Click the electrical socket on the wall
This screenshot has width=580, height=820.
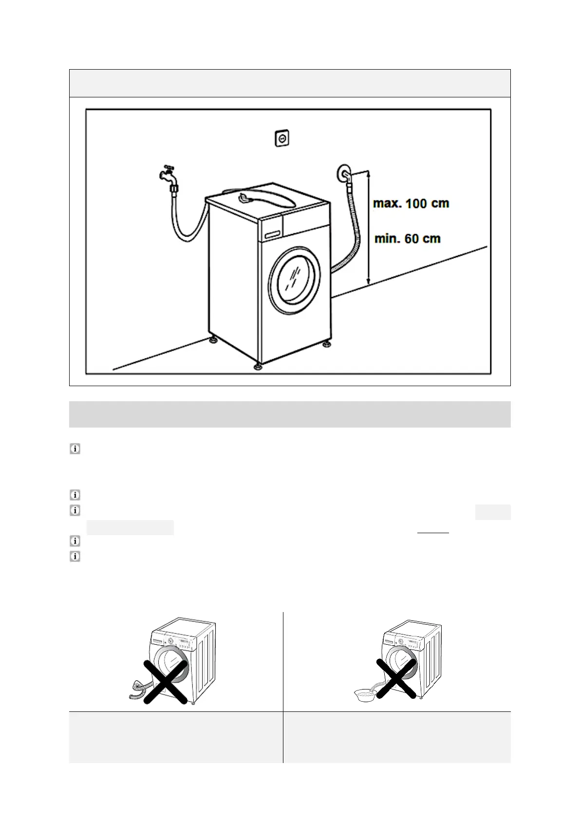click(281, 138)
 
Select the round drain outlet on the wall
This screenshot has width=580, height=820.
click(344, 173)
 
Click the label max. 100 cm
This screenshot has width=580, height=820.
click(411, 203)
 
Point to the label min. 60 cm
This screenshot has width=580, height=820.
click(407, 239)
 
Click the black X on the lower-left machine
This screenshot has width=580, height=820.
click(165, 682)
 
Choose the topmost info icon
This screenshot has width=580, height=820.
click(75, 449)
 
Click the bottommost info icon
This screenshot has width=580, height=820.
click(75, 556)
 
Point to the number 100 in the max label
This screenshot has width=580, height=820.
click(418, 203)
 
